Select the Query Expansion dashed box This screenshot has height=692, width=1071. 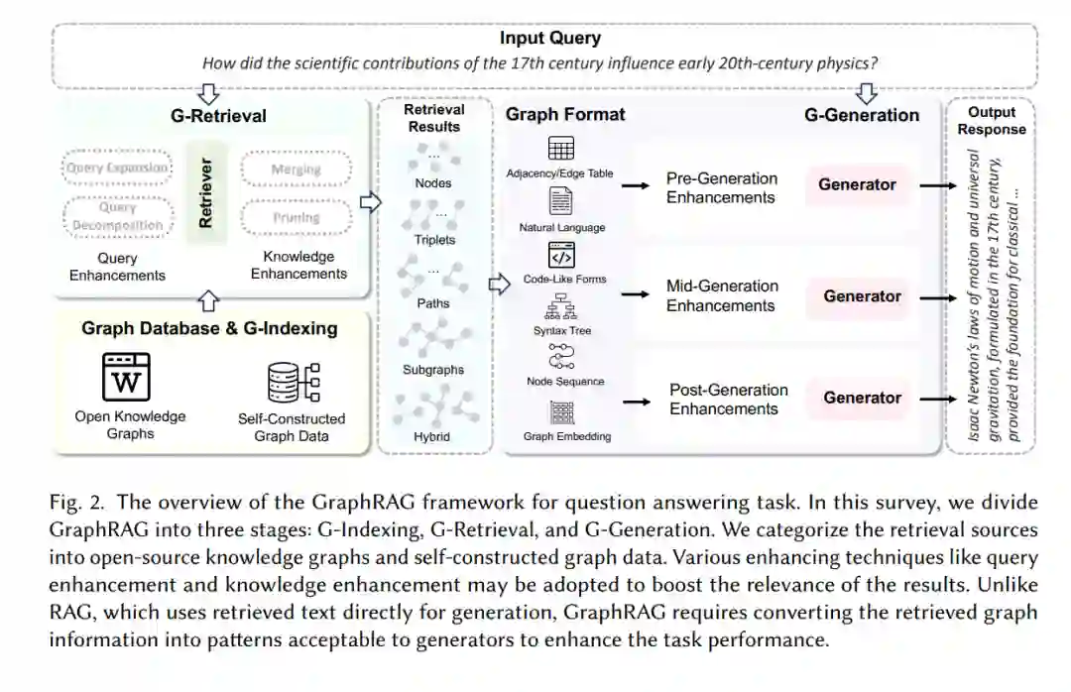[x=117, y=168]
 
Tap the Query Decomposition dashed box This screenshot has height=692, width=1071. [x=117, y=217]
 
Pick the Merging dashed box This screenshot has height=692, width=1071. [x=296, y=169]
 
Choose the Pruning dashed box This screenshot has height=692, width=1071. [x=296, y=217]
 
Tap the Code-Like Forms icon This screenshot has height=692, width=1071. [x=561, y=256]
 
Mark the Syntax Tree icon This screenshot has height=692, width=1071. [x=561, y=306]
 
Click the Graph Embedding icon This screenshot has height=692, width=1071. [x=561, y=411]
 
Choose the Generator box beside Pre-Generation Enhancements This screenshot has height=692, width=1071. [x=857, y=184]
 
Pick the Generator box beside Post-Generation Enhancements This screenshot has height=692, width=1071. [x=862, y=398]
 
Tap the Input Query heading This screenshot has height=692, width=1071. [x=549, y=39]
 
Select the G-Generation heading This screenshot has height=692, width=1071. [x=861, y=115]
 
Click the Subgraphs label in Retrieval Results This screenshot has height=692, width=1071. [x=433, y=370]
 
